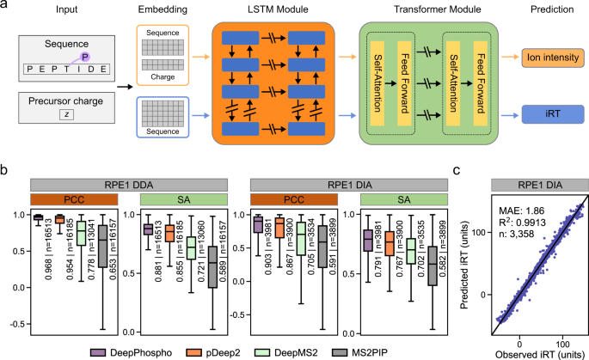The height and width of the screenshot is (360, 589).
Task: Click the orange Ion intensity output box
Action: (x=547, y=58)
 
